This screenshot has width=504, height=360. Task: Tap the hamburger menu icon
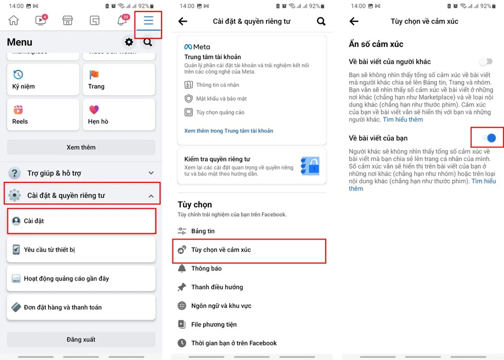click(x=148, y=21)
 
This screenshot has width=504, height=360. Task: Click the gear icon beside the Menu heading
click(x=129, y=42)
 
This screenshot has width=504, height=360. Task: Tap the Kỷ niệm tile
click(x=43, y=79)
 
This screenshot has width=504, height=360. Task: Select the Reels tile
click(x=43, y=114)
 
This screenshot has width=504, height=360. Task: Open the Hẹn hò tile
click(x=119, y=114)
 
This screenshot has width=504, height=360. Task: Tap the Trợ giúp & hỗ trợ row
click(x=81, y=173)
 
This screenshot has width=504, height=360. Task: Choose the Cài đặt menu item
click(x=82, y=221)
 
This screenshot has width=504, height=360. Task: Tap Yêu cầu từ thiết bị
click(x=81, y=250)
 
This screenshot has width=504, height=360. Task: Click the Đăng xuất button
click(x=81, y=339)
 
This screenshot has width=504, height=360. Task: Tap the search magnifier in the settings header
click(x=321, y=21)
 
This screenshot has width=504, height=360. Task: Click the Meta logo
click(x=197, y=47)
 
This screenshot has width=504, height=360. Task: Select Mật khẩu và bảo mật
click(x=221, y=99)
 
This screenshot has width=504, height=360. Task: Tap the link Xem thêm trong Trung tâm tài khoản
click(x=229, y=131)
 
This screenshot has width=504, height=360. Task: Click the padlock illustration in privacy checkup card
click(x=310, y=166)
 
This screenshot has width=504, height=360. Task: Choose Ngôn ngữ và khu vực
click(x=221, y=305)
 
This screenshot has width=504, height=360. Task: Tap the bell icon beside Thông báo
click(x=182, y=269)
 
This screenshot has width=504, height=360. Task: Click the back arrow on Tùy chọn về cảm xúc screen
click(x=354, y=21)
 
